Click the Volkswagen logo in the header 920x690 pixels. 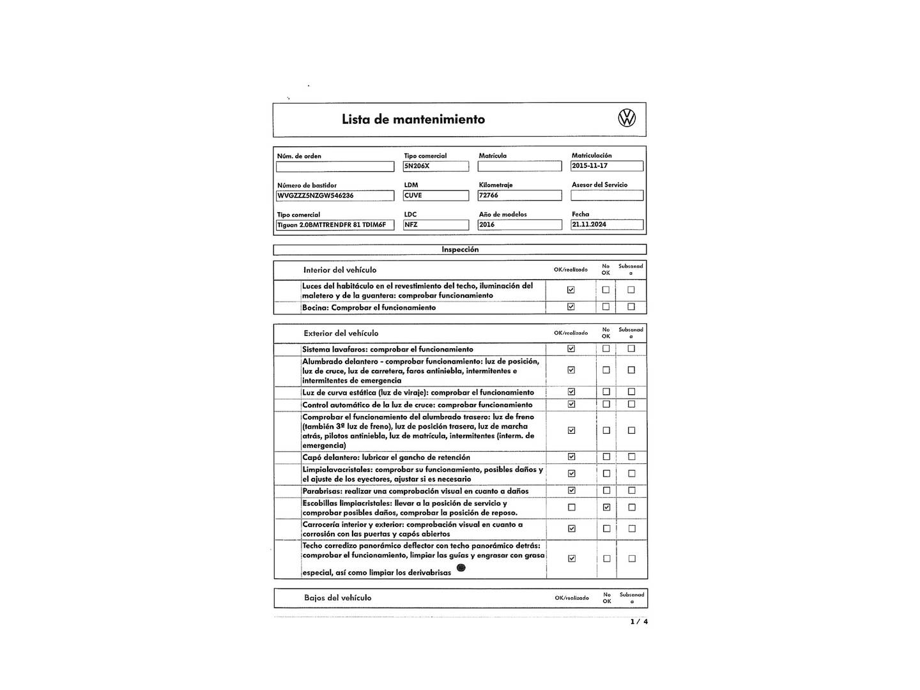tap(627, 118)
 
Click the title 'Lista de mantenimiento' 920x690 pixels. tap(413, 119)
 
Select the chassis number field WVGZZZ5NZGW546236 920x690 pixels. tap(335, 195)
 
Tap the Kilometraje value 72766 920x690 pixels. tap(519, 195)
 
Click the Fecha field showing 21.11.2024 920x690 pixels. tap(606, 225)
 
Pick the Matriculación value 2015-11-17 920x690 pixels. tap(606, 166)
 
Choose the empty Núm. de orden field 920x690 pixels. tap(335, 167)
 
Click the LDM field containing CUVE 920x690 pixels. tap(436, 195)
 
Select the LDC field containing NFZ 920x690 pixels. tap(436, 225)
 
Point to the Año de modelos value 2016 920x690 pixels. tap(519, 225)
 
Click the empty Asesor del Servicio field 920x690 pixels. tap(606, 195)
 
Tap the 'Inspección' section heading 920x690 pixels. tap(460, 250)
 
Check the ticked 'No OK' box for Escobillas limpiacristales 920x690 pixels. tap(606, 507)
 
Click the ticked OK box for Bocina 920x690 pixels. tap(571, 307)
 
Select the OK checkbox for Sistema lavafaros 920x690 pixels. tap(571, 349)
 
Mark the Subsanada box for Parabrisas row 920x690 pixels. tap(631, 491)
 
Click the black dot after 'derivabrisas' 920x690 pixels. tap(461, 568)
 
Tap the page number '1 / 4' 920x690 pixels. tap(639, 622)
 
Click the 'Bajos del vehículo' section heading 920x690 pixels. tap(337, 598)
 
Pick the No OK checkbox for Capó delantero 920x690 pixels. tap(606, 457)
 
